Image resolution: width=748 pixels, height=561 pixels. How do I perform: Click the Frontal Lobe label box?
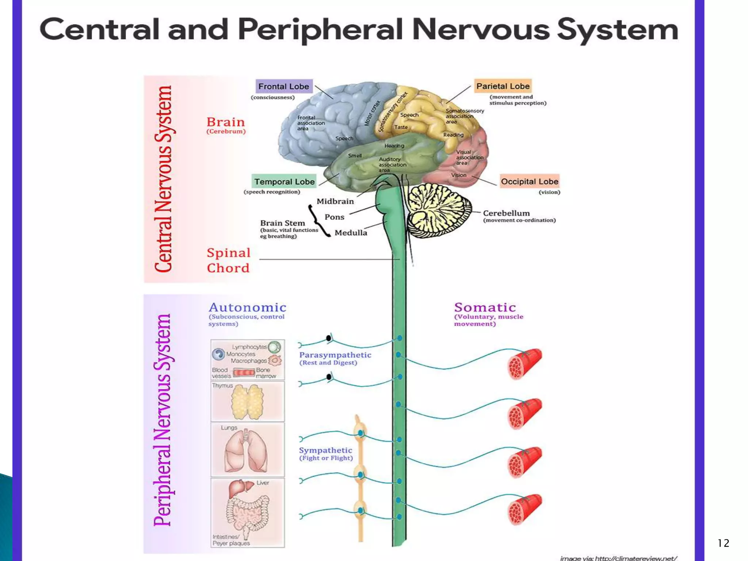[284, 87]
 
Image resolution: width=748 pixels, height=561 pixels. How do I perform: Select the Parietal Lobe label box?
[503, 86]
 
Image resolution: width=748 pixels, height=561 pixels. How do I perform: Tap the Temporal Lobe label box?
[284, 182]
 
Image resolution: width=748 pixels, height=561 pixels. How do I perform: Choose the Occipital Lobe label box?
[529, 182]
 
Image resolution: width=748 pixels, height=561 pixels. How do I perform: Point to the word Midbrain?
[335, 201]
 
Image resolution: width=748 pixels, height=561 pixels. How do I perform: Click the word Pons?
[334, 217]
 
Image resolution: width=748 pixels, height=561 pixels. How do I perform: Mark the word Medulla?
[351, 233]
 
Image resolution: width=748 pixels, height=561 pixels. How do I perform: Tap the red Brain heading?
[225, 122]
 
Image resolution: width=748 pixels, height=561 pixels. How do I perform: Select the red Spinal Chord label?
[228, 260]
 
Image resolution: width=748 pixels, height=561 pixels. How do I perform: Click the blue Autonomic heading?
[247, 308]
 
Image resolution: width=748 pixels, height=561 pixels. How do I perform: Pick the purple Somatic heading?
[485, 308]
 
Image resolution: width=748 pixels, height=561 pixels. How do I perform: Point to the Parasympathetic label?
[335, 355]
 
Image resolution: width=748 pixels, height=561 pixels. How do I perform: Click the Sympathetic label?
[325, 450]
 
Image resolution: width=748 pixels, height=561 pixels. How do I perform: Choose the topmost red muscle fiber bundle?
[524, 363]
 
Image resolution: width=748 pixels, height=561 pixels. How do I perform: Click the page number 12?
[723, 543]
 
